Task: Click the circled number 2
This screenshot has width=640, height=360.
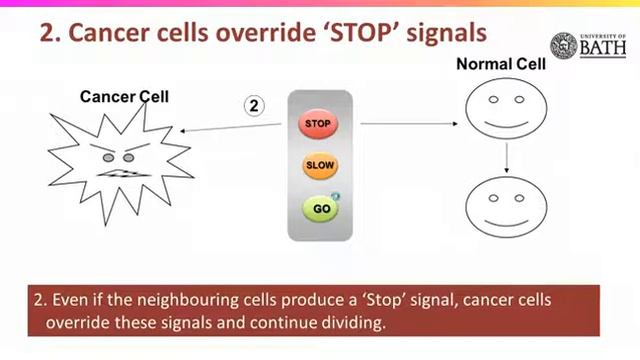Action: [255, 105]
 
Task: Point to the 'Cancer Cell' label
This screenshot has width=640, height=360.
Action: [124, 96]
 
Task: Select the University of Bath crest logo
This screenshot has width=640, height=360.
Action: [563, 46]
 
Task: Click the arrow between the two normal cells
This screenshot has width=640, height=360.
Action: [508, 157]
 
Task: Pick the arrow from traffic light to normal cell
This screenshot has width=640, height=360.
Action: [409, 124]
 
